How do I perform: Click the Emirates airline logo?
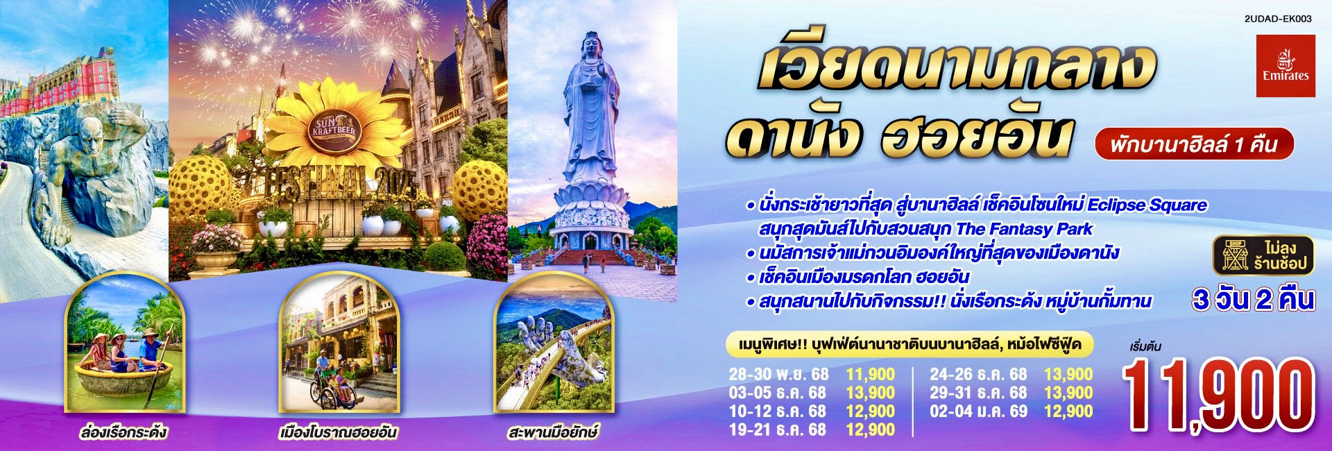pos(1286,66)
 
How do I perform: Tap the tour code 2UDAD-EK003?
pos(1278,19)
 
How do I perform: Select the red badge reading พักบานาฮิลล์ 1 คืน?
pos(1194,144)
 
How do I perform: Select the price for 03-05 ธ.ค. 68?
pos(871,393)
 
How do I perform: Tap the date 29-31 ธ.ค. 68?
pos(978,393)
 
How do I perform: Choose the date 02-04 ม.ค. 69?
pos(978,411)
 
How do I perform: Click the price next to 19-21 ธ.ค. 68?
pos(871,429)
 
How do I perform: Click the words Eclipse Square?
pos(1147,205)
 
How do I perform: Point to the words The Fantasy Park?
pos(1024,229)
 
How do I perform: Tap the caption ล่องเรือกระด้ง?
pos(123,432)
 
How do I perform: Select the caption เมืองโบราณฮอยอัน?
pos(338,432)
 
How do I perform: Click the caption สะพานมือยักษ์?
pos(553,432)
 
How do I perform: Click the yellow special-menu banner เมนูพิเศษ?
pos(910,344)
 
